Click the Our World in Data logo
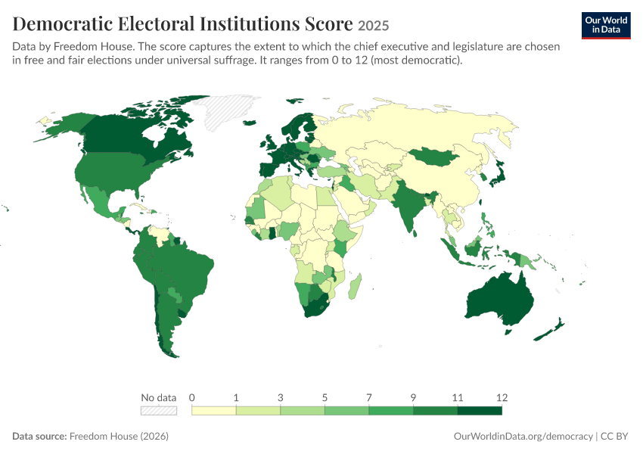pyautogui.click(x=606, y=26)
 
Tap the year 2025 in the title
pyautogui.click(x=373, y=26)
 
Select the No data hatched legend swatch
pyautogui.click(x=159, y=411)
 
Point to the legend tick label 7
pyautogui.click(x=369, y=397)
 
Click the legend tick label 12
pyautogui.click(x=502, y=397)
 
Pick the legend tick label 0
pyautogui.click(x=192, y=397)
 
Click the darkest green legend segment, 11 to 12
pyautogui.click(x=480, y=411)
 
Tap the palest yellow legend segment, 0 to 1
pyautogui.click(x=214, y=411)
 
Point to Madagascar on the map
pyautogui.click(x=355, y=286)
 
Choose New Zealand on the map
pyautogui.click(x=549, y=329)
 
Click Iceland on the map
pyautogui.click(x=250, y=123)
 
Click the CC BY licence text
pyautogui.click(x=614, y=436)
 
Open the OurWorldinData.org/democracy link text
pyautogui.click(x=523, y=436)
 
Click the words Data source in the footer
pyautogui.click(x=39, y=436)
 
